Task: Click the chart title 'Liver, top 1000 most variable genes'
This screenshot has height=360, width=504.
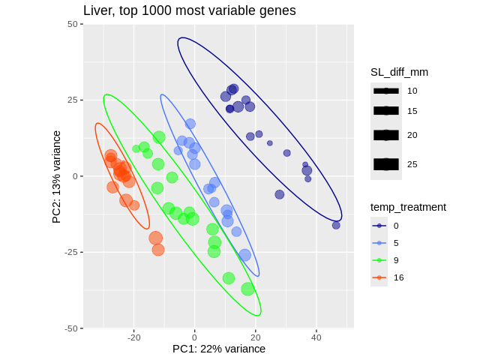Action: pos(189,10)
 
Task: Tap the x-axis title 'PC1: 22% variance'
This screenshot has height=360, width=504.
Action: pos(219,349)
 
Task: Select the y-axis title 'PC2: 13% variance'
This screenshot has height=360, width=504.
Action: pos(56,177)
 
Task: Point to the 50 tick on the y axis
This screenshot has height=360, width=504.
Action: pos(73,24)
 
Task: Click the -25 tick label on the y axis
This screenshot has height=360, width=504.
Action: pos(70,252)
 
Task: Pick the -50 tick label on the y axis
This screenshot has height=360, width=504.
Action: pos(70,328)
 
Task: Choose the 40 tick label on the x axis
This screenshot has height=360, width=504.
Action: pos(316,337)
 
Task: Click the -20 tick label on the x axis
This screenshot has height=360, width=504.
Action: pos(134,337)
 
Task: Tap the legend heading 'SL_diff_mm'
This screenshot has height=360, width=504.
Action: pos(399,72)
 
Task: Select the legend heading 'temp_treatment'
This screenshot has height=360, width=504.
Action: pos(408,207)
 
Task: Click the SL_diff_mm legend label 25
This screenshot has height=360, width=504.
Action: pos(412,164)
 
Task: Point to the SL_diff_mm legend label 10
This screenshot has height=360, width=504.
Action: pos(412,91)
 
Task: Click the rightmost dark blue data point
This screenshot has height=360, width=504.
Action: pos(336,225)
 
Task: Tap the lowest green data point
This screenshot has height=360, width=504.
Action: pos(247,289)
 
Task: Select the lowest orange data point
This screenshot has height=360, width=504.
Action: pos(158,250)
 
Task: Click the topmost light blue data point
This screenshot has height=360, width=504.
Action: pos(190,124)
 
